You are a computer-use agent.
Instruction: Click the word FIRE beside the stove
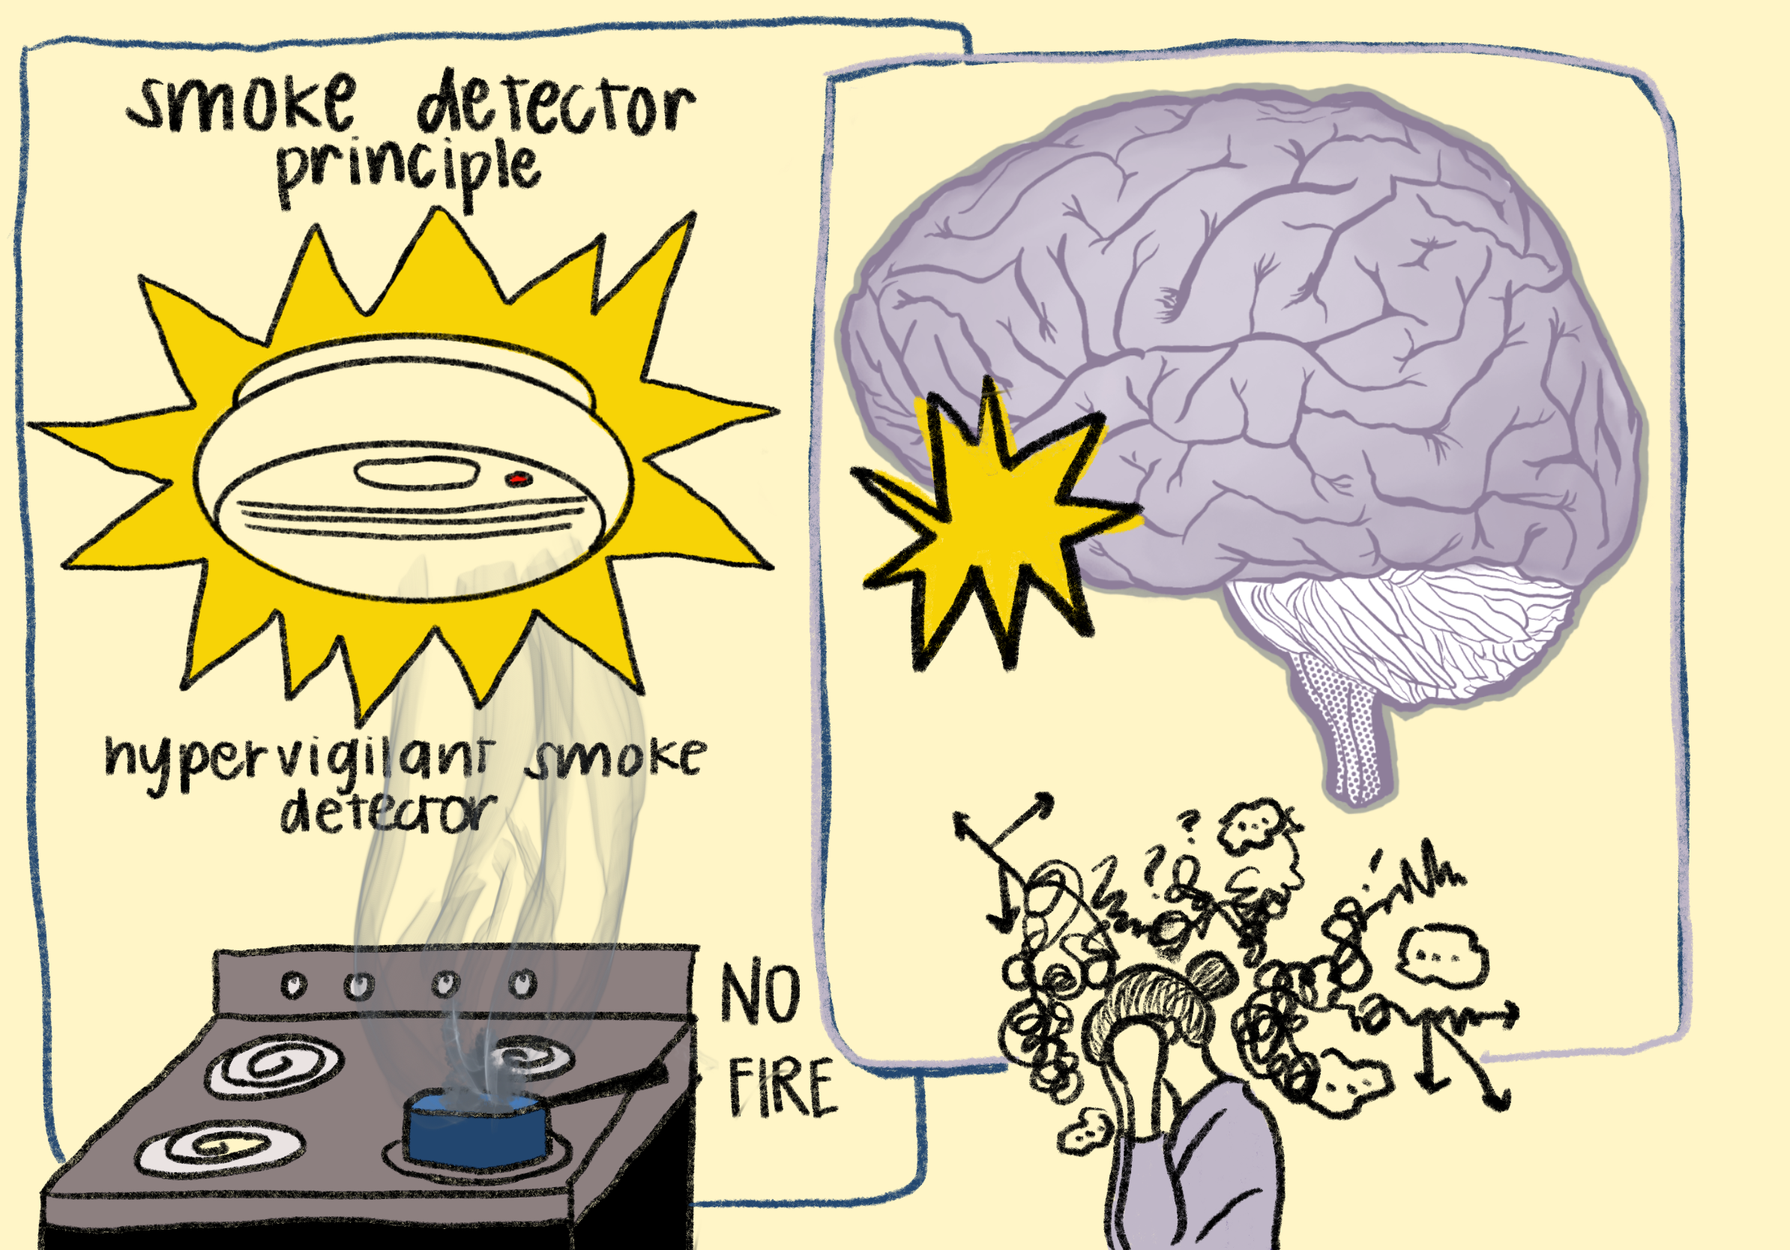point(782,1088)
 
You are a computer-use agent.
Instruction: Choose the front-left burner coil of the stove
point(220,1147)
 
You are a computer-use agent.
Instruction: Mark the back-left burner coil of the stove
point(274,1066)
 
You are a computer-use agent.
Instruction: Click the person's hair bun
point(1213,974)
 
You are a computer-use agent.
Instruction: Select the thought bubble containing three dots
point(1443,956)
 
